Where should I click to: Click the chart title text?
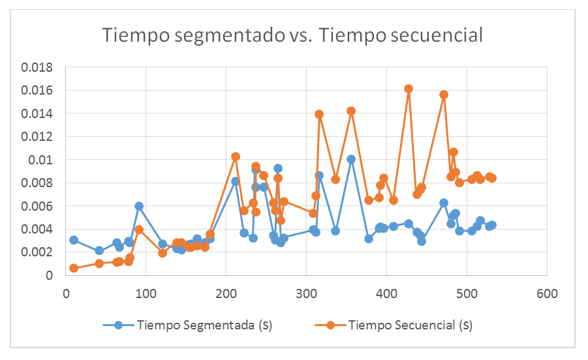(x=292, y=35)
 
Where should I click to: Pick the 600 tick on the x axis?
(x=547, y=294)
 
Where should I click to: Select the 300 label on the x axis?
(x=306, y=294)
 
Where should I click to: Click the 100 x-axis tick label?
(x=146, y=294)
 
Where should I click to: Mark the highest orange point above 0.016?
(x=409, y=89)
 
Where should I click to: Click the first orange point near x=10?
(x=74, y=268)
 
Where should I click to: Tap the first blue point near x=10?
(x=74, y=240)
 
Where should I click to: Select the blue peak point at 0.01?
(x=351, y=159)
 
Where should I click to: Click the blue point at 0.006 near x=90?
(x=139, y=206)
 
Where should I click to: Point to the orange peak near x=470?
(x=444, y=95)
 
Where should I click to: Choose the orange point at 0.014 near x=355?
(x=351, y=111)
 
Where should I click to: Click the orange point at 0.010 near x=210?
(x=236, y=157)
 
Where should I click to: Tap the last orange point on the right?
(x=492, y=178)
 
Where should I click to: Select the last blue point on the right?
(x=492, y=225)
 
